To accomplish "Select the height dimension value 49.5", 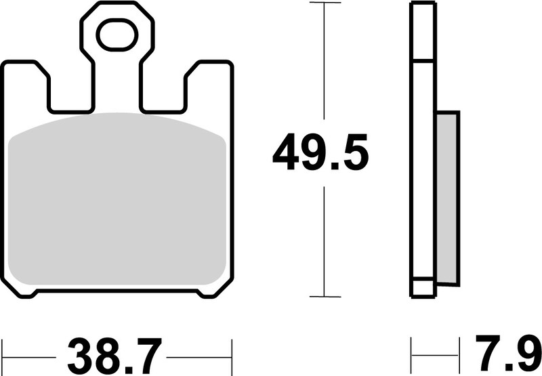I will [320, 154].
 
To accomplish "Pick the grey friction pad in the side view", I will [448, 196].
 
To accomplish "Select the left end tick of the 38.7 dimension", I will [3, 354].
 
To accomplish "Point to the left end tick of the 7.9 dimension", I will [412, 354].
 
